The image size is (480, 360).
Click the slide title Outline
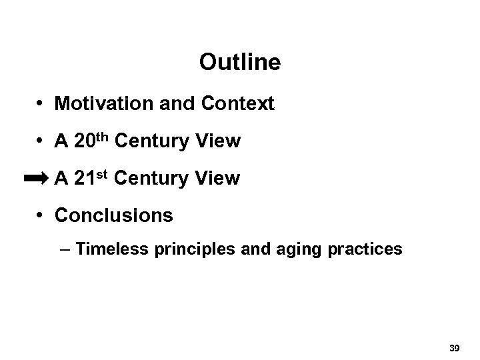tap(239, 63)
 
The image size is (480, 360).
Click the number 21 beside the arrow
tap(83, 179)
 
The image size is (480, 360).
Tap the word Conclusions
tap(114, 216)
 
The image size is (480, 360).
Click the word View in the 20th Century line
tap(217, 142)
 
